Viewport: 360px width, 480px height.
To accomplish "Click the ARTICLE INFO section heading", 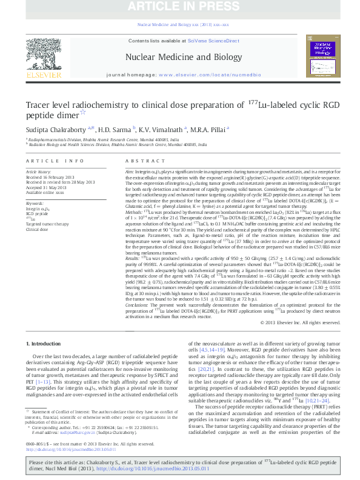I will click(x=55, y=161).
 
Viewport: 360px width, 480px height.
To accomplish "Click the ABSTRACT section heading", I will click(x=141, y=161).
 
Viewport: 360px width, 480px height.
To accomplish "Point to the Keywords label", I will click(x=35, y=203).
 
